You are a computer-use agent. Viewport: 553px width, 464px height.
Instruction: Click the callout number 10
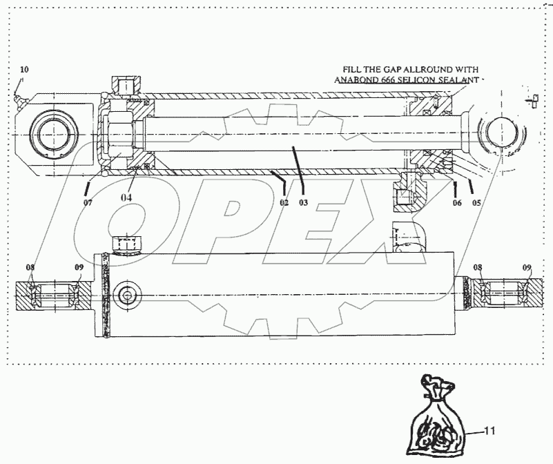tap(24, 70)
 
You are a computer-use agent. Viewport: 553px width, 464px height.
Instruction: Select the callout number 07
tap(88, 203)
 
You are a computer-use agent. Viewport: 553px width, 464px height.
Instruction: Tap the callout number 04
tap(128, 197)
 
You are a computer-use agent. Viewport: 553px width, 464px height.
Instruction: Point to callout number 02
tap(284, 202)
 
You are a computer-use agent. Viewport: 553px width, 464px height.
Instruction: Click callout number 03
tap(303, 202)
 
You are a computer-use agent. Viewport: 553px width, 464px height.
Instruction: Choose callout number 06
tap(456, 202)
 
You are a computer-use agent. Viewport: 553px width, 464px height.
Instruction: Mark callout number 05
tap(476, 202)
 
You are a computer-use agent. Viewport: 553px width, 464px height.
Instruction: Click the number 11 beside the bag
tap(489, 432)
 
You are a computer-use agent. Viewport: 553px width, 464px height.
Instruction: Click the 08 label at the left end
tap(31, 267)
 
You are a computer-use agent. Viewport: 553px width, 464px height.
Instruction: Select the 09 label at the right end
tap(527, 267)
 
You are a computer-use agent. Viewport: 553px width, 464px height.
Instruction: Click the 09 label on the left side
tap(79, 267)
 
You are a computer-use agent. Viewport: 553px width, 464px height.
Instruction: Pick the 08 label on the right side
tap(478, 267)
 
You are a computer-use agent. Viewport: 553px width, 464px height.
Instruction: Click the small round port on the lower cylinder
tap(126, 295)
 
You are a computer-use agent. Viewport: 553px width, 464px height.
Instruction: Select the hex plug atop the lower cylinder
tap(126, 243)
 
